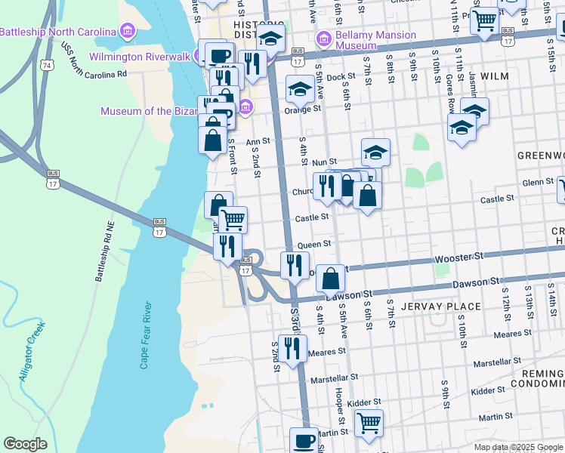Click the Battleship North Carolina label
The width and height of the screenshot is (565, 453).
58,32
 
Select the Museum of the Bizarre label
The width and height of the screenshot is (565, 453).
147,111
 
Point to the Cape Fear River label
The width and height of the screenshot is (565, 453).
147,336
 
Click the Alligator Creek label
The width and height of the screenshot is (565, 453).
33,350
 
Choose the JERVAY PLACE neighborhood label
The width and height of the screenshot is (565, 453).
441,306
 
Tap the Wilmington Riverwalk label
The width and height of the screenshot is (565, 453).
140,57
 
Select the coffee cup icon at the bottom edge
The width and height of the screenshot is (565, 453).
304,441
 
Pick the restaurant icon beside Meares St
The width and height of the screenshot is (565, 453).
292,348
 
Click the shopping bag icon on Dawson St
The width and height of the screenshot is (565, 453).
331,279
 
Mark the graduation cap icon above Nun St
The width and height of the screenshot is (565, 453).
375,153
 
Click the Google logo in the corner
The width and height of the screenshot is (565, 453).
25,444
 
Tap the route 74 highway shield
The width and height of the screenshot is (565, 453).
48,66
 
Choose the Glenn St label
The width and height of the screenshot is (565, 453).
539,182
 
